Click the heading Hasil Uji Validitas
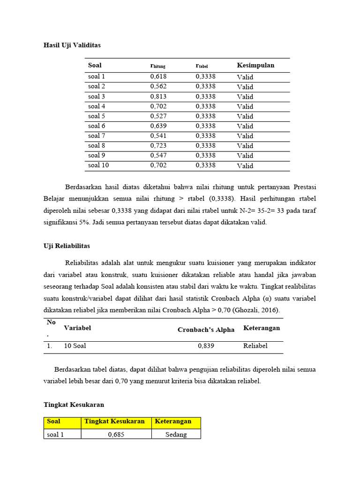72,45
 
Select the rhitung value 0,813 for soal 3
158,97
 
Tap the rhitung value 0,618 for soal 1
158,77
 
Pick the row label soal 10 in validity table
98,165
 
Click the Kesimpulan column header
255,65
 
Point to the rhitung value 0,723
158,146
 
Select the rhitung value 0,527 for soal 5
158,116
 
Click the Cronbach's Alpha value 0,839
206,346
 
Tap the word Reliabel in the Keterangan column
255,346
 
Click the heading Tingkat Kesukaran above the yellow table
74,404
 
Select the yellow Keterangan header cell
176,421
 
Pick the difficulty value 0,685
116,435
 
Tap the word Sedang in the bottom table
176,435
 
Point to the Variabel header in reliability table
77,328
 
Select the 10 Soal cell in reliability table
75,346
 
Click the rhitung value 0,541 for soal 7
158,136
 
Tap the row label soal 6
97,126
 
